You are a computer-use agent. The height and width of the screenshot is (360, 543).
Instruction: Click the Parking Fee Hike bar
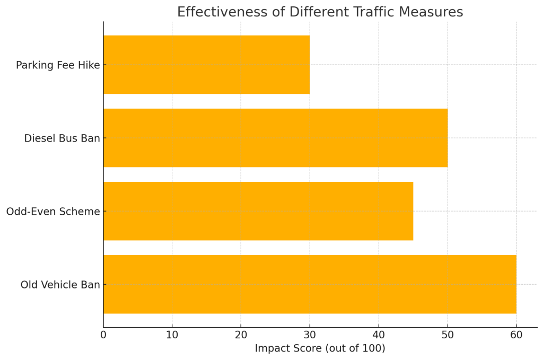tap(206, 65)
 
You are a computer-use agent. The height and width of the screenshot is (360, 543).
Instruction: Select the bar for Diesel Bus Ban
tap(275, 138)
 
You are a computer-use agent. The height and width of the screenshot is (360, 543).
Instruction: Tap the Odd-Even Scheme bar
tap(258, 211)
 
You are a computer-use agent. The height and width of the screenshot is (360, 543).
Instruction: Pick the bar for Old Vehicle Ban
tap(310, 284)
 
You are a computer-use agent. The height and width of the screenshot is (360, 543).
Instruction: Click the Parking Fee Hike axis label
tap(58, 65)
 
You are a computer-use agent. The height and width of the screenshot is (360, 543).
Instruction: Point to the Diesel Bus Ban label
tap(62, 138)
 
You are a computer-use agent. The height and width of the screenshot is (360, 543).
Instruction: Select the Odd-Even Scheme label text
tap(53, 212)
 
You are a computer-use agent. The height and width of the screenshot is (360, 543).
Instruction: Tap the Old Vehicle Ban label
tap(60, 285)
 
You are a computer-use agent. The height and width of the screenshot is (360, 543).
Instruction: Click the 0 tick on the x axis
tap(103, 335)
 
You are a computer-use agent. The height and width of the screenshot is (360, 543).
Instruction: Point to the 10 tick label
tap(172, 335)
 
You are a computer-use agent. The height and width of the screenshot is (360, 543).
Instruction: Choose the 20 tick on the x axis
tap(241, 335)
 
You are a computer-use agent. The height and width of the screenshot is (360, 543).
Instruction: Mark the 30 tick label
tap(310, 335)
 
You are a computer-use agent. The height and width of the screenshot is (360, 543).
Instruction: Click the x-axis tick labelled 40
tap(379, 335)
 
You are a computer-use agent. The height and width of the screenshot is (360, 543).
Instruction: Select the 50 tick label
tap(448, 335)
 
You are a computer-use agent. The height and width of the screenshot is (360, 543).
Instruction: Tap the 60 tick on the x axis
tap(516, 335)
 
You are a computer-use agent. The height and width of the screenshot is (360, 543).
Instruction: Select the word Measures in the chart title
tap(437, 12)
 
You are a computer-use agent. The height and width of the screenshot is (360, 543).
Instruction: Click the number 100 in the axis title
tap(372, 348)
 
